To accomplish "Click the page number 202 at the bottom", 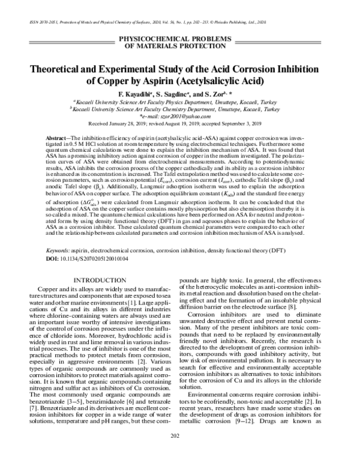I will (180, 453).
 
